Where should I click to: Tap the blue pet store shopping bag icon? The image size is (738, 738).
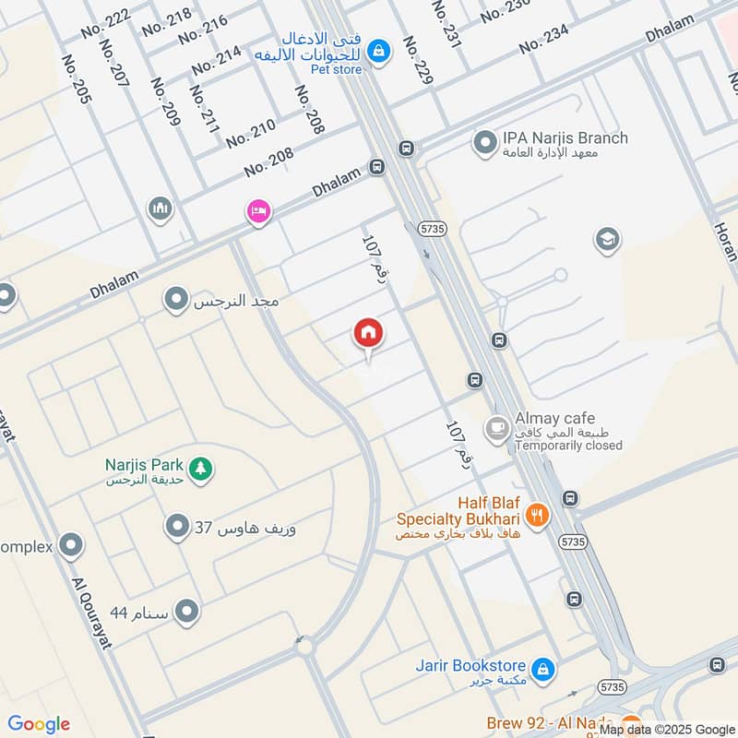pyautogui.click(x=378, y=53)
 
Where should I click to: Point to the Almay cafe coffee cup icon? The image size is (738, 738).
pyautogui.click(x=497, y=429)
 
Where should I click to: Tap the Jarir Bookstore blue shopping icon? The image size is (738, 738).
pyautogui.click(x=544, y=667)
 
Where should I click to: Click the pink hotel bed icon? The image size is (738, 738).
pyautogui.click(x=258, y=212)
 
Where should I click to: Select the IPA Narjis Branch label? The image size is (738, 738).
pyautogui.click(x=565, y=138)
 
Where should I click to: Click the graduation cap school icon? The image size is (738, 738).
pyautogui.click(x=606, y=240)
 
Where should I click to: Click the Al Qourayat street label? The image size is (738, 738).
pyautogui.click(x=91, y=613)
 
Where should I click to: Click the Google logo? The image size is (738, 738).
pyautogui.click(x=39, y=724)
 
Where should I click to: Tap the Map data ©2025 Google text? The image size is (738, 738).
pyautogui.click(x=665, y=729)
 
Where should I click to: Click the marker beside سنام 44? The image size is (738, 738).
pyautogui.click(x=187, y=611)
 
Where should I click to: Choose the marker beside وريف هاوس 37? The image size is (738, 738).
pyautogui.click(x=176, y=528)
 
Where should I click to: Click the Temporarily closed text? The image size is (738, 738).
pyautogui.click(x=568, y=446)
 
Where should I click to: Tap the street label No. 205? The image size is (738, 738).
pyautogui.click(x=75, y=78)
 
